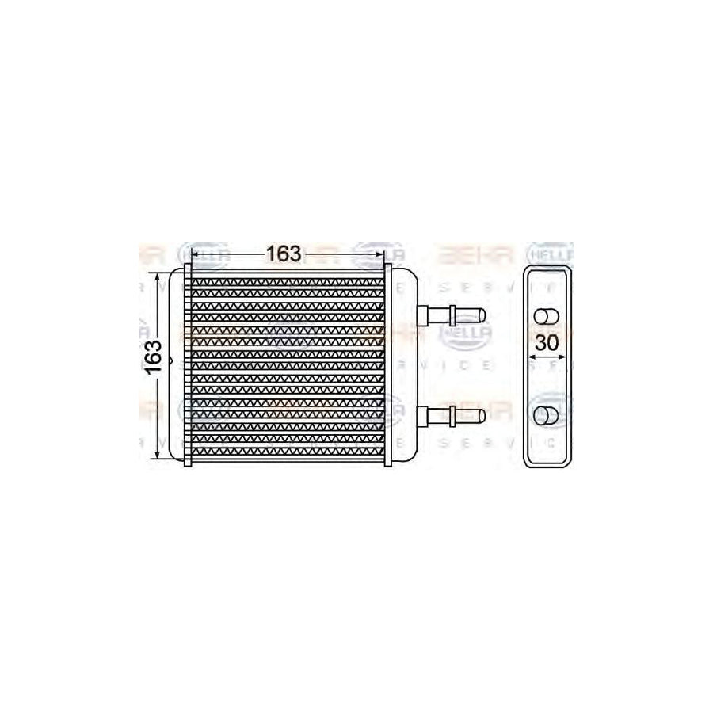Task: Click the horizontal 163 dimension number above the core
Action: (x=283, y=254)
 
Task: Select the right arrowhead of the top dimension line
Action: (x=382, y=254)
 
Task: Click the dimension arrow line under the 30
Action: (x=547, y=358)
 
